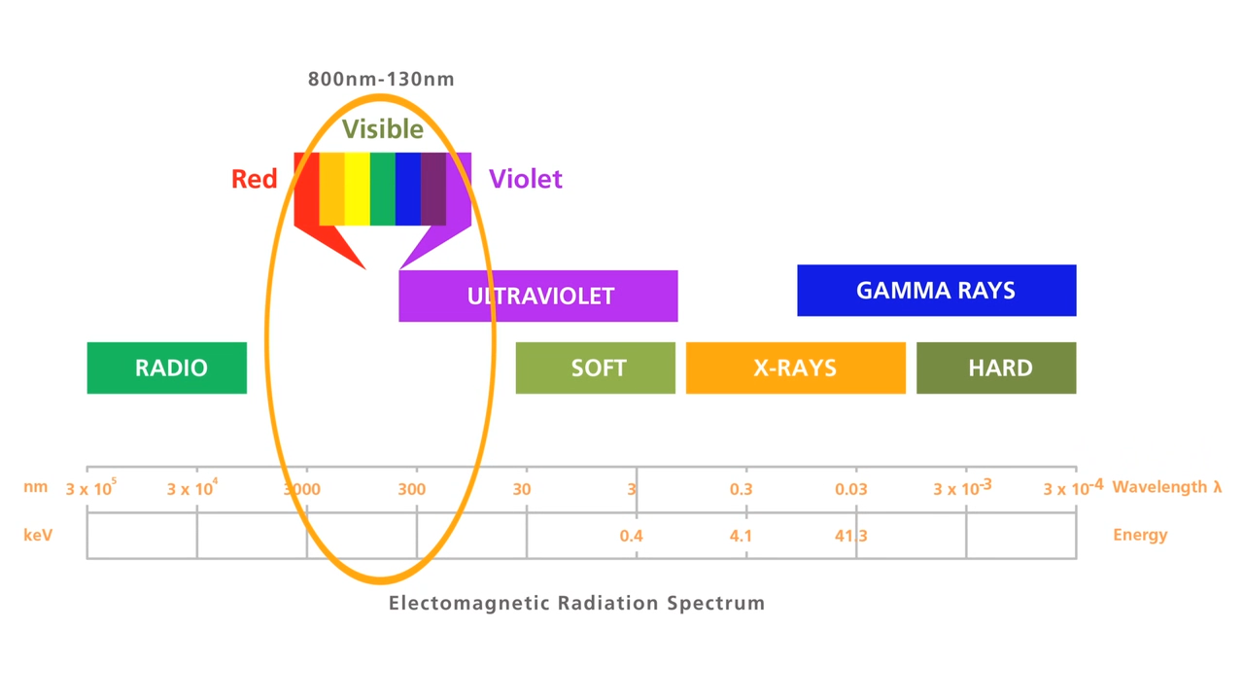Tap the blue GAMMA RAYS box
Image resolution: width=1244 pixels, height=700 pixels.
pos(936,290)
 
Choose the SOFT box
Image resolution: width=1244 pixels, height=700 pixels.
pos(595,367)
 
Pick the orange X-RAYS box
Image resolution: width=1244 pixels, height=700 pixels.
pos(795,367)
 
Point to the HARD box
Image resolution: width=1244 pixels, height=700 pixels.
pos(996,367)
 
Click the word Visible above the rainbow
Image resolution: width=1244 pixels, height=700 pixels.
pos(382,129)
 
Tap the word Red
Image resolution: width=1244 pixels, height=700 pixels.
pos(254,179)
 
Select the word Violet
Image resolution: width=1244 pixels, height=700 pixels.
pos(525,179)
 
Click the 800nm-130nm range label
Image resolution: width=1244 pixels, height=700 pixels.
pos(381,80)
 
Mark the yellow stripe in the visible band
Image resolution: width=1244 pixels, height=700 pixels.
pos(357,189)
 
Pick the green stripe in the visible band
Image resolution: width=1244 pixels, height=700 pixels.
pos(382,189)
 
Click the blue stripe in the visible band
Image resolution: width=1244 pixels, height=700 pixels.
pos(407,189)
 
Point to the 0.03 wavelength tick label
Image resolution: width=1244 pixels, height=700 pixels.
pos(850,488)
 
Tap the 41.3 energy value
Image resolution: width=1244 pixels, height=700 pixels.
pos(850,536)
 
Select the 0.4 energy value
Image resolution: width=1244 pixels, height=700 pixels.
pos(631,536)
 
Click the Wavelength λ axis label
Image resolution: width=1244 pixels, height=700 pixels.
pos(1166,487)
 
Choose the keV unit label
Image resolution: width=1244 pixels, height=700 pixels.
pos(37,535)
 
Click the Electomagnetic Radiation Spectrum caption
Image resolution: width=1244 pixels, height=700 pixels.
pos(576,603)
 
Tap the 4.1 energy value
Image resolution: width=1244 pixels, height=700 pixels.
pos(741,536)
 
